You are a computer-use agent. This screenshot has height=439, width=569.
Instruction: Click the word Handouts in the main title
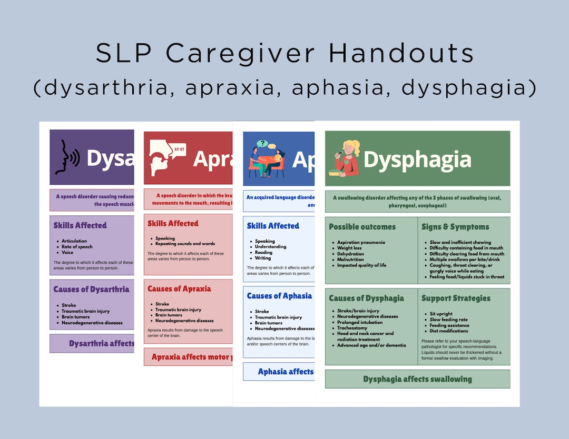pyautogui.click(x=401, y=53)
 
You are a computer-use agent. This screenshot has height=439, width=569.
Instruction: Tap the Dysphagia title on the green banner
pyautogui.click(x=417, y=159)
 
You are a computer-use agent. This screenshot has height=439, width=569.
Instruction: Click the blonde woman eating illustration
pyautogui.click(x=346, y=158)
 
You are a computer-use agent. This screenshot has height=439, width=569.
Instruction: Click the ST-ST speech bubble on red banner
pyautogui.click(x=179, y=149)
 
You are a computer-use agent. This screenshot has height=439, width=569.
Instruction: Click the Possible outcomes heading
pyautogui.click(x=362, y=227)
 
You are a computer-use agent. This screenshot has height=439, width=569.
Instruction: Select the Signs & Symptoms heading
pyautogui.click(x=455, y=227)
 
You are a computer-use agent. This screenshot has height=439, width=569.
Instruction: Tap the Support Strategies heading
pyautogui.click(x=456, y=298)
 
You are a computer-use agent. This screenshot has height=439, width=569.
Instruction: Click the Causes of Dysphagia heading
pyautogui.click(x=366, y=298)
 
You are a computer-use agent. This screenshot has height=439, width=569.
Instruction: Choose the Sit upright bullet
pyautogui.click(x=441, y=314)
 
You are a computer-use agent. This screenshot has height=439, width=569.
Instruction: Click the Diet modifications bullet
pyautogui.click(x=448, y=331)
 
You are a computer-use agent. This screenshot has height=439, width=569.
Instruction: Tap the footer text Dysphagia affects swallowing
pyautogui.click(x=417, y=379)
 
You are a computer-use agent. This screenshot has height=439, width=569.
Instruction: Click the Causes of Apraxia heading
pyautogui.click(x=179, y=288)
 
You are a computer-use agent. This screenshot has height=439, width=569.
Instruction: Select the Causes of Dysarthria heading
pyautogui.click(x=91, y=289)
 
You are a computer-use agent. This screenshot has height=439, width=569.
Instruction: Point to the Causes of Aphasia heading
pyautogui.click(x=279, y=296)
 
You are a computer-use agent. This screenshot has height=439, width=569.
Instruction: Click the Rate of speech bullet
pyautogui.click(x=77, y=247)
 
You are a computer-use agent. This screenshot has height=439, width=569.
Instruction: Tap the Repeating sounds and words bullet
pyautogui.click(x=185, y=244)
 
